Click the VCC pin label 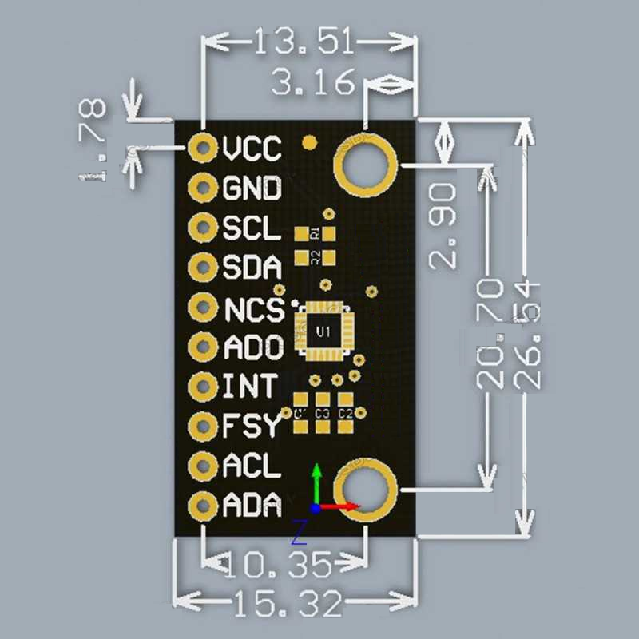coord(252,149)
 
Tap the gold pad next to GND coord(203,189)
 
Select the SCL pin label coord(252,228)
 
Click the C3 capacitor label coord(323,414)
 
